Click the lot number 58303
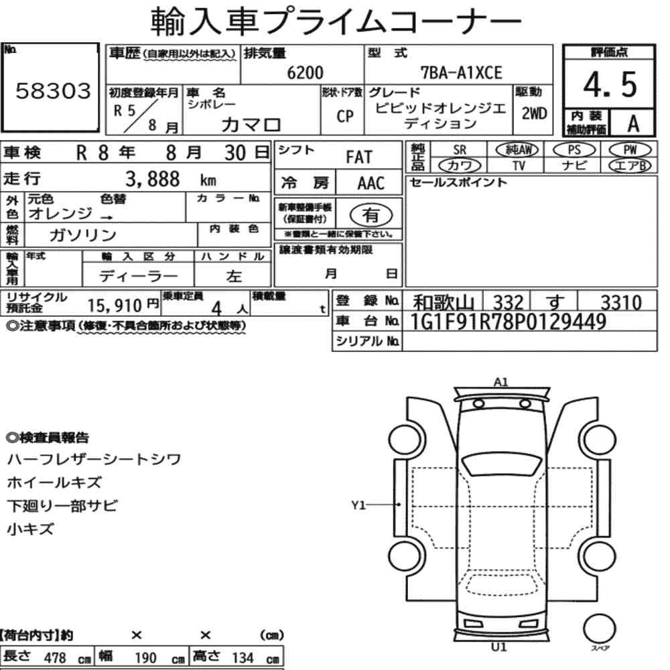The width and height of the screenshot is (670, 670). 54,90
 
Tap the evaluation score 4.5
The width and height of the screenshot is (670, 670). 610,84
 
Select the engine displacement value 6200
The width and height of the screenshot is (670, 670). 305,72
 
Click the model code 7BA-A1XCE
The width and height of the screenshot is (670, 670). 462,72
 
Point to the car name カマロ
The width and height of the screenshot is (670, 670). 251,125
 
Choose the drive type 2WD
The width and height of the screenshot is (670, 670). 534,113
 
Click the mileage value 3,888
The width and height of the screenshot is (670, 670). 153,179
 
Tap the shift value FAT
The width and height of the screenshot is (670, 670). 359,157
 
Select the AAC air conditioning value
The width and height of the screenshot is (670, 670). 371,184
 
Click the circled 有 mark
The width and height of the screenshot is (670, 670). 371,215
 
